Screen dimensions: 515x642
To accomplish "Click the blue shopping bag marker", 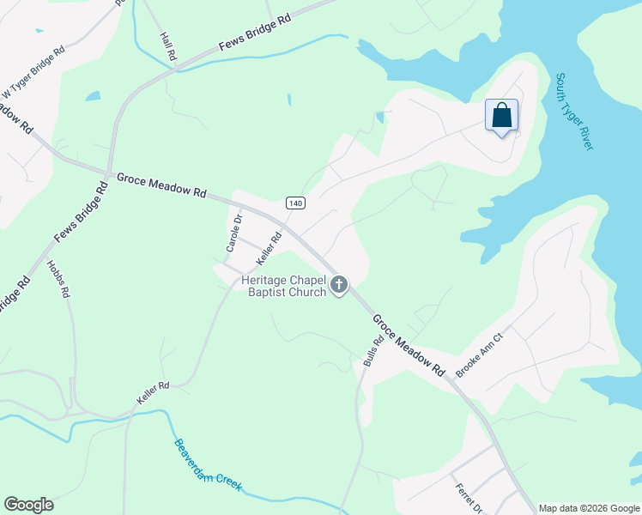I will (502, 116).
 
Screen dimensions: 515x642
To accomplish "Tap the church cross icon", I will (339, 284).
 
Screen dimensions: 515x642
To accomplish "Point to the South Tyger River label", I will (574, 112).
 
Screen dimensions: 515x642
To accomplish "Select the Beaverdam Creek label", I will (209, 466).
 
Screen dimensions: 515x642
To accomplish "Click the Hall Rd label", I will (168, 46).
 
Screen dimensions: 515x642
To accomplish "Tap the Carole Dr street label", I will (233, 232).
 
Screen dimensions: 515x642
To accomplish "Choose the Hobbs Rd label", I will (58, 279).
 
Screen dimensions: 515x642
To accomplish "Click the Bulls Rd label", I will (372, 351).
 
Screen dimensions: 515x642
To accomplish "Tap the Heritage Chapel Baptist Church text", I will (284, 286).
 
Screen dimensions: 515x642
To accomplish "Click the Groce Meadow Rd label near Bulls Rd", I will (409, 346).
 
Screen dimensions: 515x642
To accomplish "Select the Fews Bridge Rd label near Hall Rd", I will (255, 31).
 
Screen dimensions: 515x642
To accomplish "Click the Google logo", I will (28, 505).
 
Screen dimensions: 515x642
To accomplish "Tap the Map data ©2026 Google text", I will (589, 508).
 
